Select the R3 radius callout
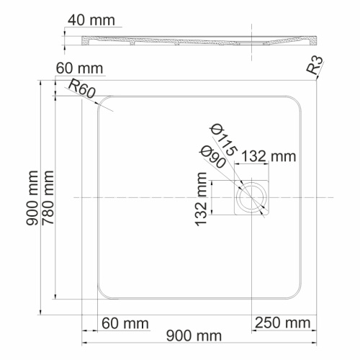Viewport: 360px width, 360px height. (x=314, y=68)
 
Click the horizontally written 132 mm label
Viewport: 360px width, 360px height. (x=269, y=156)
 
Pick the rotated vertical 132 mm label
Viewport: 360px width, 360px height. (x=202, y=203)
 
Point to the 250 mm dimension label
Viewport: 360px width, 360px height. (x=282, y=321)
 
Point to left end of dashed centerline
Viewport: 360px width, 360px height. (x=74, y=197)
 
